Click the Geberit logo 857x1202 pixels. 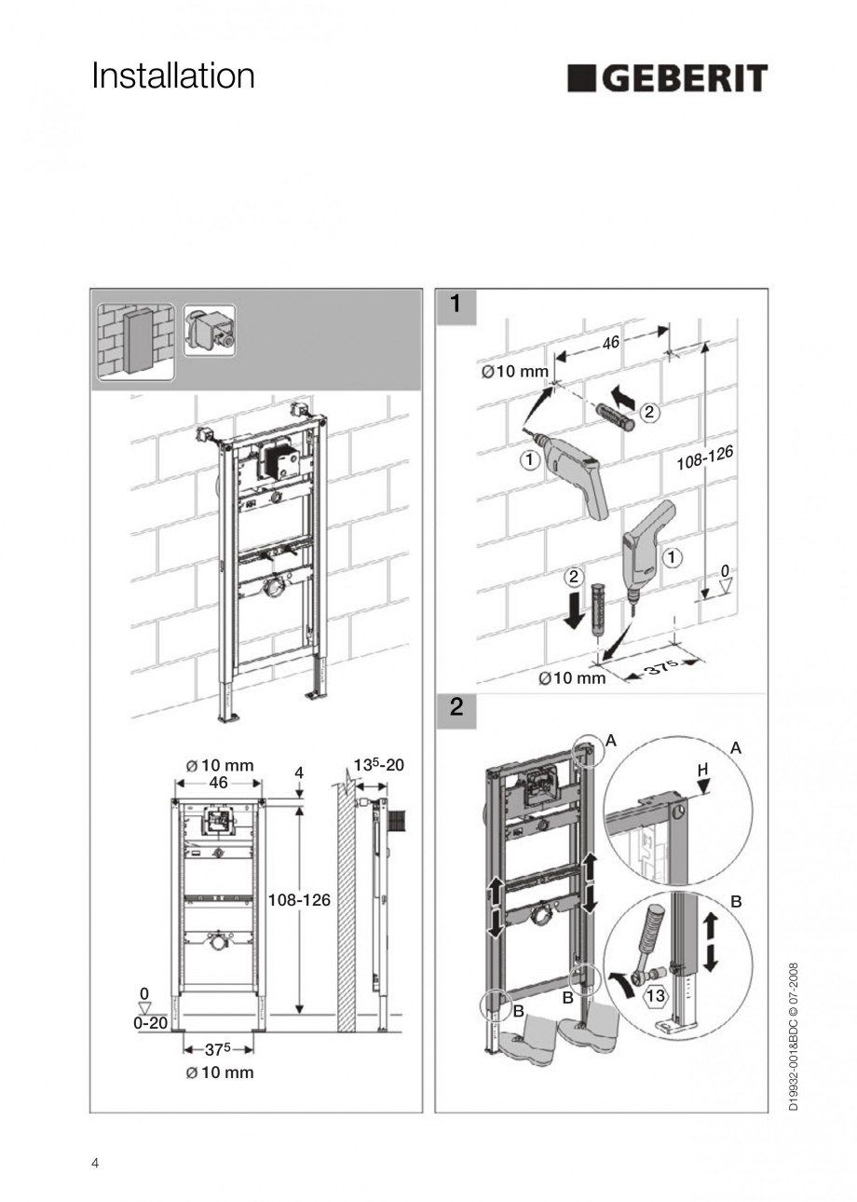pyautogui.click(x=667, y=78)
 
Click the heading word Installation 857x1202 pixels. pyautogui.click(x=173, y=76)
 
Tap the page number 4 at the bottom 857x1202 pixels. pyautogui.click(x=95, y=1163)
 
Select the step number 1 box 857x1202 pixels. pyautogui.click(x=456, y=304)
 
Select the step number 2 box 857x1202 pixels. pyautogui.click(x=456, y=706)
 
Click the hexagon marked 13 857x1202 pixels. pyautogui.click(x=656, y=995)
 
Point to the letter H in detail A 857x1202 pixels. pyautogui.click(x=702, y=770)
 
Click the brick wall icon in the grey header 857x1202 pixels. pyautogui.click(x=136, y=341)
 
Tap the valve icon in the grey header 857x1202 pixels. pyautogui.click(x=210, y=331)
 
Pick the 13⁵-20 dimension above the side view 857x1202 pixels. pyautogui.click(x=378, y=765)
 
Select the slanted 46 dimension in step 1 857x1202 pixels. pyautogui.click(x=611, y=343)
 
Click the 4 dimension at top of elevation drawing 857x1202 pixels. pyautogui.click(x=299, y=772)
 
